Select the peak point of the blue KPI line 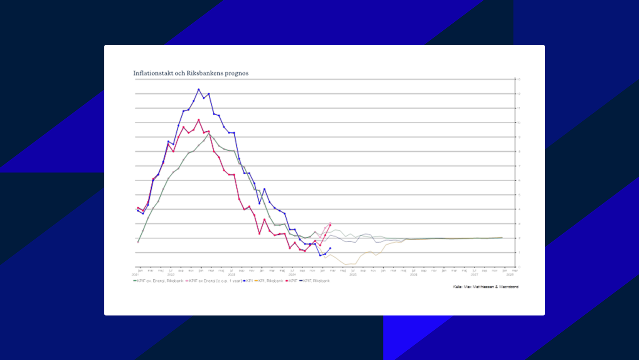tap(199, 89)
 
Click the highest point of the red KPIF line tap(199, 120)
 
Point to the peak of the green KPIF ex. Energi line tap(209, 133)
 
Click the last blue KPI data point tap(330, 248)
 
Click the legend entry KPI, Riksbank tap(270, 281)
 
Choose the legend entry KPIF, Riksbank tap(316, 281)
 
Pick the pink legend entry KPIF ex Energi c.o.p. tap(215, 281)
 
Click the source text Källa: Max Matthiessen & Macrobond tap(485, 287)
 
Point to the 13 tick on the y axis tap(518, 79)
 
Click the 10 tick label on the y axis tap(518, 123)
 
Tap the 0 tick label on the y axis tap(519, 267)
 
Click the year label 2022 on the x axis tap(171, 275)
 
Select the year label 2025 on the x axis tap(353, 275)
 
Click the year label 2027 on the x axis tap(474, 275)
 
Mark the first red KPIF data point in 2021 tap(138, 208)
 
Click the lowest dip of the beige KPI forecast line tap(345, 265)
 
